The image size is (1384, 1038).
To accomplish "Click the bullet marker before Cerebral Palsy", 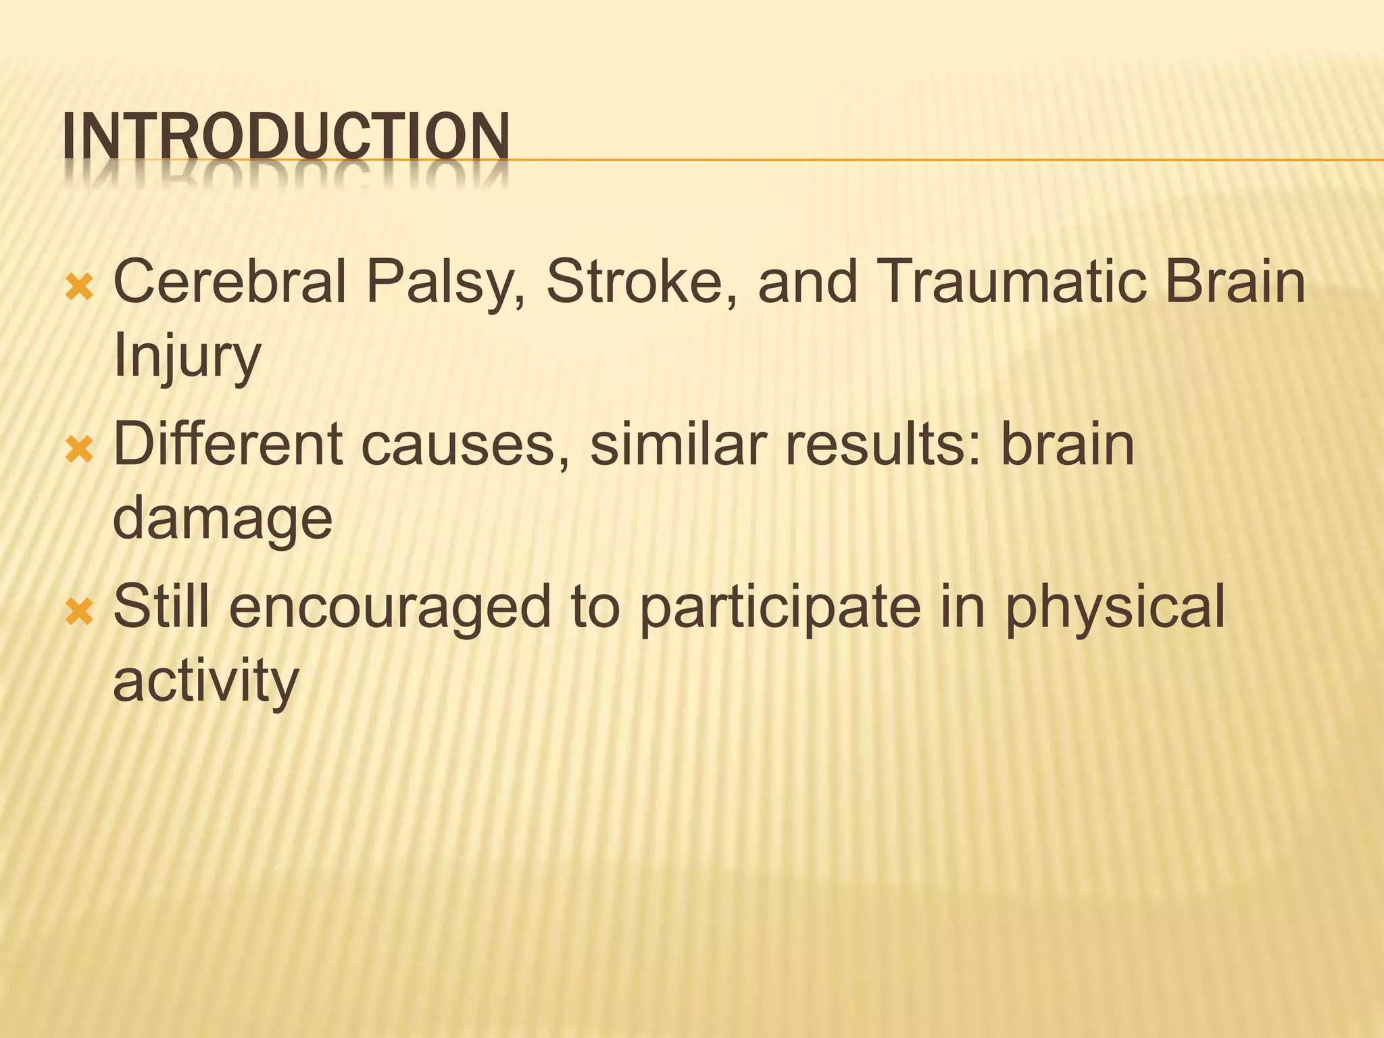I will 79,288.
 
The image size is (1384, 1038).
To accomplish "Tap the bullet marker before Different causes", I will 79,450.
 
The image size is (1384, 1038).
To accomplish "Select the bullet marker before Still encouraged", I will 79,612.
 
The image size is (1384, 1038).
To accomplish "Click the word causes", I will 465,446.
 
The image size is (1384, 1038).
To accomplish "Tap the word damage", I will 222,520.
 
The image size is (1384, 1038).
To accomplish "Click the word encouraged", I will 390,608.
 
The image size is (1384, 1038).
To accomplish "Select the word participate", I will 780,608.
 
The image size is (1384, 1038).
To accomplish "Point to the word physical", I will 1114,608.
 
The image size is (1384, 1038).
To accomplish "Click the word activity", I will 205,683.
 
